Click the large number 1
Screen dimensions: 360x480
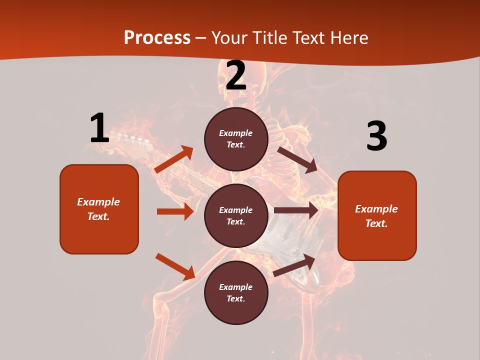pyautogui.click(x=99, y=128)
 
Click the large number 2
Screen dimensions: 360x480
pyautogui.click(x=235, y=75)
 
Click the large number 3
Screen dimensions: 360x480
pyautogui.click(x=376, y=136)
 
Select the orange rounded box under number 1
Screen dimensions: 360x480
pyautogui.click(x=99, y=209)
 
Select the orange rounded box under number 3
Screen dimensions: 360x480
pyautogui.click(x=377, y=215)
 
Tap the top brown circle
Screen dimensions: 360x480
pyautogui.click(x=236, y=139)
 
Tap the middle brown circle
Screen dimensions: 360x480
pyautogui.click(x=236, y=215)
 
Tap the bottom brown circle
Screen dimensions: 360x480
pyautogui.click(x=236, y=292)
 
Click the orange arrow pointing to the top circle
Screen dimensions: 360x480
pyautogui.click(x=174, y=159)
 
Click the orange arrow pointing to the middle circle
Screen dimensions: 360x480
pyautogui.click(x=175, y=211)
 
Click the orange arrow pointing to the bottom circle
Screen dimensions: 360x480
pyautogui.click(x=175, y=266)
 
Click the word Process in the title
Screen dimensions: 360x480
pyautogui.click(x=157, y=37)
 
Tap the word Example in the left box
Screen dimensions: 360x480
pyautogui.click(x=98, y=202)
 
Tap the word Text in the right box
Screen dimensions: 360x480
pyautogui.click(x=376, y=223)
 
